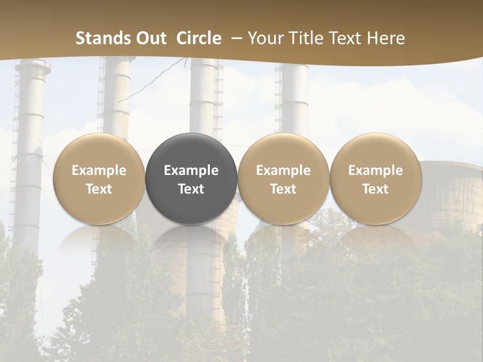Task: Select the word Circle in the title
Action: (x=199, y=38)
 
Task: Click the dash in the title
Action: (x=234, y=38)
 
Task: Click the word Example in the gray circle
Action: (x=191, y=170)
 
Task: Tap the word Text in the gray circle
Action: (x=191, y=189)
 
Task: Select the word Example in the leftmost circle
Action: (x=99, y=170)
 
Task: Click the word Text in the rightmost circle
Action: (x=375, y=189)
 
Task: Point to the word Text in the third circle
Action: (x=283, y=189)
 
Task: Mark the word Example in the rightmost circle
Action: (x=375, y=170)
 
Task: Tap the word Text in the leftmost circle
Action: (x=99, y=189)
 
